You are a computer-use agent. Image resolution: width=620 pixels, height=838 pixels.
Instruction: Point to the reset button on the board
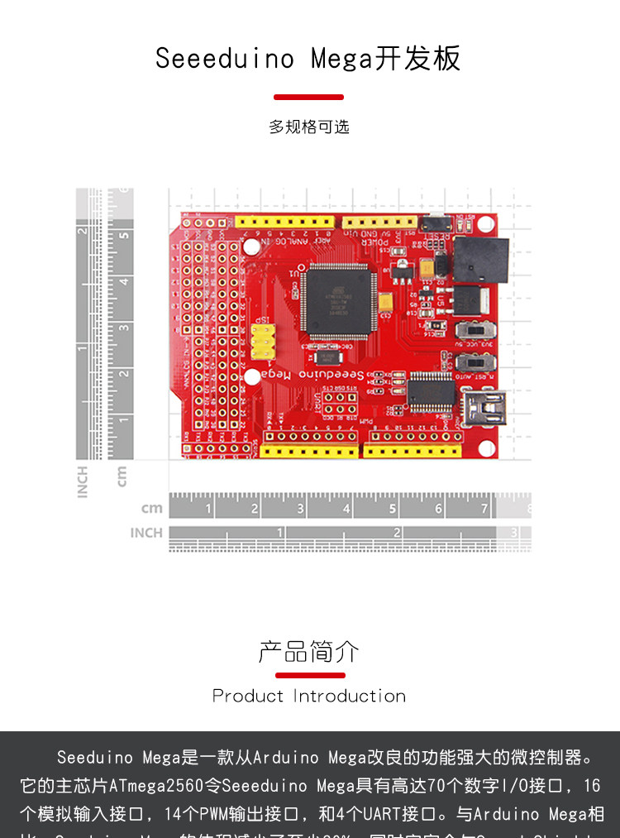click(437, 223)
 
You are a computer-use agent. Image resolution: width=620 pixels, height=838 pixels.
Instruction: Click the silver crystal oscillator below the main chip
click(326, 357)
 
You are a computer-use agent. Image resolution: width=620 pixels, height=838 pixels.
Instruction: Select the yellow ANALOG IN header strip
click(284, 222)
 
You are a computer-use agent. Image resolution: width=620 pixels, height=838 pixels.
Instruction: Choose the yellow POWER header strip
click(380, 222)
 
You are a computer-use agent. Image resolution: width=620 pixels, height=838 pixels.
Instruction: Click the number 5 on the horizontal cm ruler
click(393, 509)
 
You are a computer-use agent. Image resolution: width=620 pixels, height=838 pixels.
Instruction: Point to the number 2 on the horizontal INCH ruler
click(397, 532)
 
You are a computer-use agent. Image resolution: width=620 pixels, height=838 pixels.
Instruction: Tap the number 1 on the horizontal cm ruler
click(208, 509)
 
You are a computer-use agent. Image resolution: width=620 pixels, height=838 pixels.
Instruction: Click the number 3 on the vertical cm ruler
click(124, 327)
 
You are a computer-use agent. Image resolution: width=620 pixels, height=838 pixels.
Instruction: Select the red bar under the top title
click(308, 97)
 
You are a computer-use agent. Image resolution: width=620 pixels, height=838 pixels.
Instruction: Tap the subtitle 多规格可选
click(309, 127)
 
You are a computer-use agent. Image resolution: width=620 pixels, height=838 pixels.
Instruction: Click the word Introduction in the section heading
click(350, 696)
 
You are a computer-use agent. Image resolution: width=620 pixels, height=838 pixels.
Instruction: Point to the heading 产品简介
click(308, 652)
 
